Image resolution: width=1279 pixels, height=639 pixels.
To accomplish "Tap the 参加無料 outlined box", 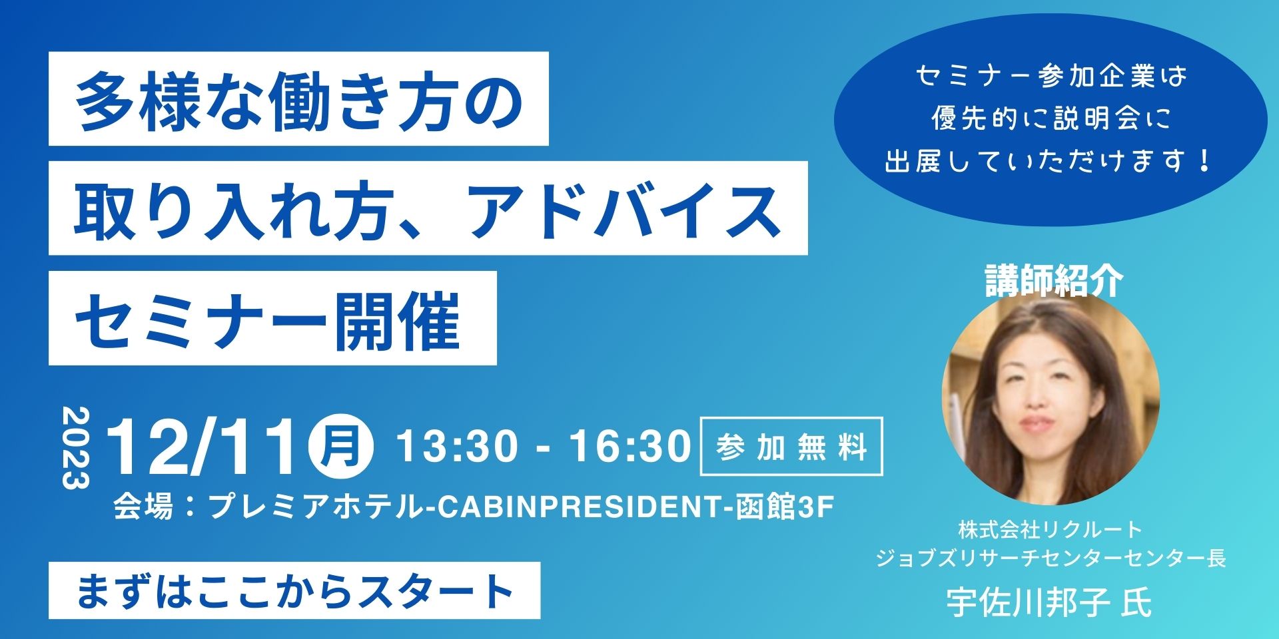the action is pos(791,446).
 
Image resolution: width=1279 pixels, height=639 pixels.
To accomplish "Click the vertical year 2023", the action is pos(75,448).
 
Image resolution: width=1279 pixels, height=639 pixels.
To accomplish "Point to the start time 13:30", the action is pos(457,445).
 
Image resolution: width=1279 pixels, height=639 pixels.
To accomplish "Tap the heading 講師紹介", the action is pos(1054,280).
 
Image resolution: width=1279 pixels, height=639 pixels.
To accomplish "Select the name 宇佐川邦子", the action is pos(1029,603).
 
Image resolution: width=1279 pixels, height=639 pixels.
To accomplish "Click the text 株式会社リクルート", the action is pos(1051,530).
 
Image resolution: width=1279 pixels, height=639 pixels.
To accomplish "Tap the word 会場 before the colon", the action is pos(143,507).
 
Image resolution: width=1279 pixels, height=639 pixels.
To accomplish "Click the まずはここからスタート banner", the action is pos(294,590).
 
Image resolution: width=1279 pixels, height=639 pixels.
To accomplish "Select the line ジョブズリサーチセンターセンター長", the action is pos(1051,557).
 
